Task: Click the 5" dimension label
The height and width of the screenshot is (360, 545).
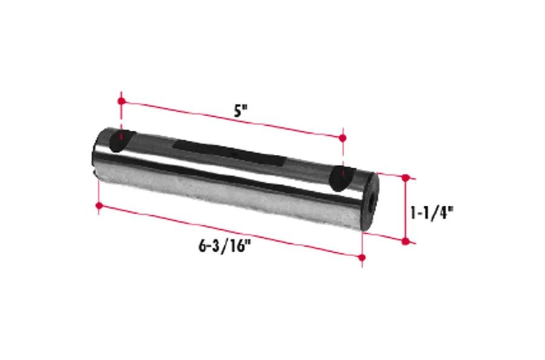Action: (240, 111)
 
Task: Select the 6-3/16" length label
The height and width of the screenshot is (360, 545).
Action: (225, 246)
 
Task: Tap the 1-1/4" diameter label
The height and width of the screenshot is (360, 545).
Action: (432, 213)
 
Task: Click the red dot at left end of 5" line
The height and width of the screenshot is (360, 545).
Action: (121, 101)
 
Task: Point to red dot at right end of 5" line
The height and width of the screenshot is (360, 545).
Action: (343, 138)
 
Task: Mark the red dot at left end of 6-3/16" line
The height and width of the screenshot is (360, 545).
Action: (99, 206)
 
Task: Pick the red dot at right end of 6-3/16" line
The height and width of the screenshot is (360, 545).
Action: (362, 258)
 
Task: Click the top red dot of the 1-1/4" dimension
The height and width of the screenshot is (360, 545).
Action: (405, 178)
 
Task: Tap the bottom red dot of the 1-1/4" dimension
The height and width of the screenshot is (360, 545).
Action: (405, 241)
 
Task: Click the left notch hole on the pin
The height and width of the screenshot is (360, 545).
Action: (121, 140)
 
